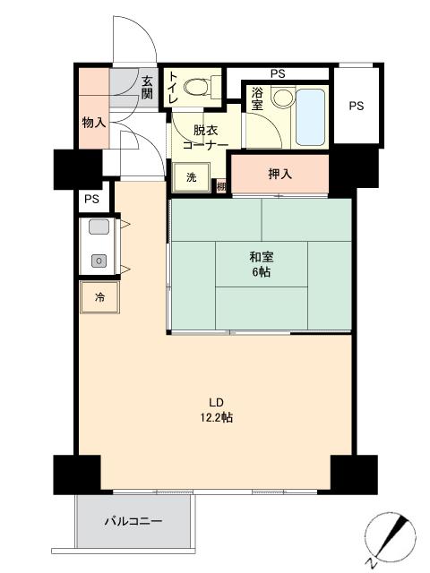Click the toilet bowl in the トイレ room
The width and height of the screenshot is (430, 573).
[196, 88]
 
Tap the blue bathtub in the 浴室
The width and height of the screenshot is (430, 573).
[310, 117]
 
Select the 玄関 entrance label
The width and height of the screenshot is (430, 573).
[147, 87]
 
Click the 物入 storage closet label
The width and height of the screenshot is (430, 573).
[94, 123]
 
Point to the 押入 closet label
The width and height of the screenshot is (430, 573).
[280, 174]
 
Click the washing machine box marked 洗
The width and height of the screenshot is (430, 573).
[191, 177]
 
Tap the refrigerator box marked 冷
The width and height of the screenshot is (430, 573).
[99, 297]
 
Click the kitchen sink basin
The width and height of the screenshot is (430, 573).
[99, 227]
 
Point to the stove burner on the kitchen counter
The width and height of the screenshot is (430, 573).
[99, 261]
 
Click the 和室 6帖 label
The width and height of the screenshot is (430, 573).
[261, 264]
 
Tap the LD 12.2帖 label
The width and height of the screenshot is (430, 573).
[217, 410]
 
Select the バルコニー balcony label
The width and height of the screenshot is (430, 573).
[133, 521]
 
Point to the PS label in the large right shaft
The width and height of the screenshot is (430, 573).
[357, 106]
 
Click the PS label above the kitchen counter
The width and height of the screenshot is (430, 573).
[91, 199]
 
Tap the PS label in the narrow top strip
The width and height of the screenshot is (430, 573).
[278, 73]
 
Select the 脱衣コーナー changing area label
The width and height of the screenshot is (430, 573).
[205, 137]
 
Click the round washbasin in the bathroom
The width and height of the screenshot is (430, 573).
[284, 98]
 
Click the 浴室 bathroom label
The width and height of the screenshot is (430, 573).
[257, 98]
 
